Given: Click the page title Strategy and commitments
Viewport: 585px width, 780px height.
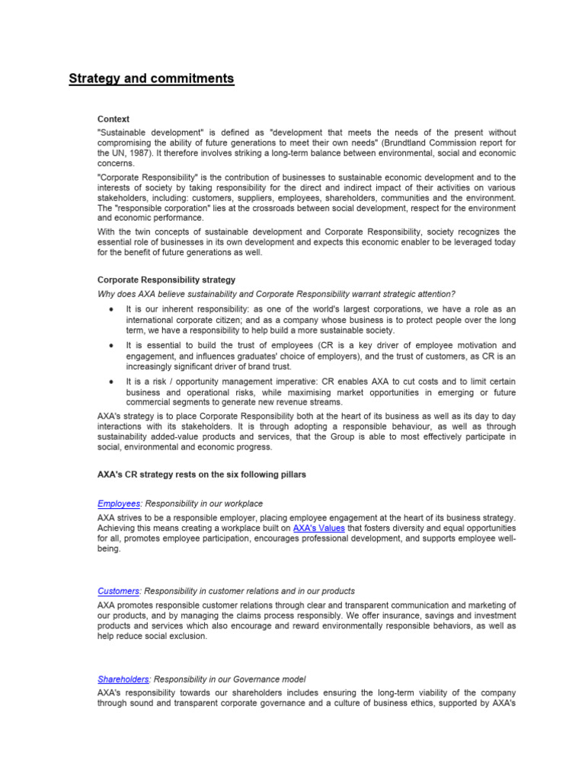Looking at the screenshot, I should [x=152, y=78].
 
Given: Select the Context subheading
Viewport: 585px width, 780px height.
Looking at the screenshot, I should [x=113, y=119].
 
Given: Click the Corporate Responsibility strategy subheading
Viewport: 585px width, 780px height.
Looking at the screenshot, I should [x=166, y=280].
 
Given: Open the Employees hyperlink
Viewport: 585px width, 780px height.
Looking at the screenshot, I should [x=119, y=503].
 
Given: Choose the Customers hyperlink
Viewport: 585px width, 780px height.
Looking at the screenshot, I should [x=118, y=591].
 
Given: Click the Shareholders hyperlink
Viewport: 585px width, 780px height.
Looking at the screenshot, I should [x=123, y=679].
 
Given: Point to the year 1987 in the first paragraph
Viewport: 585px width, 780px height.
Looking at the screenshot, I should [x=130, y=153].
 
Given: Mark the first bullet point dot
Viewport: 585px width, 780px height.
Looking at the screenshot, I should [x=113, y=309].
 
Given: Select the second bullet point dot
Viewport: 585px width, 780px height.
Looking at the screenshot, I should [x=113, y=346].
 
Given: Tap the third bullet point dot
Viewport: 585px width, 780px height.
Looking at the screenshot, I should [x=113, y=381].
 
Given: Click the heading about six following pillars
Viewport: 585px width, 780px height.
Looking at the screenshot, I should [x=202, y=475].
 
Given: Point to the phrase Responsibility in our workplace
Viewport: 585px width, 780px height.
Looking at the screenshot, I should [x=203, y=503].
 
